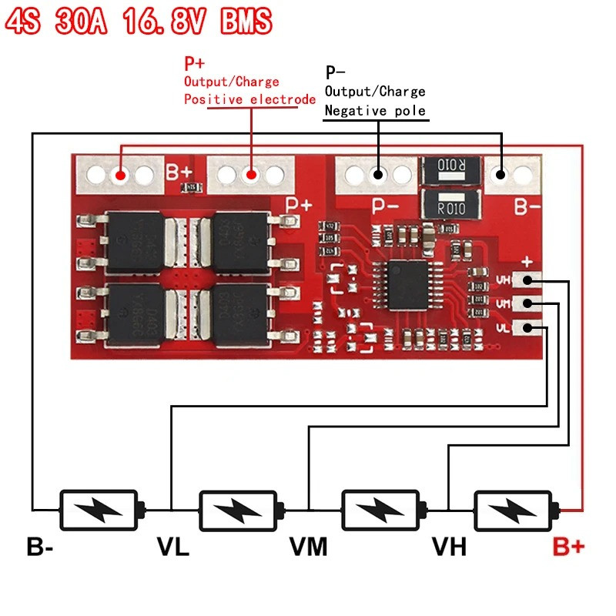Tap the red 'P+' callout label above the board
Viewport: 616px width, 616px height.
[195, 62]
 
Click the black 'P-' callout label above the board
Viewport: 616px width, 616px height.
[335, 73]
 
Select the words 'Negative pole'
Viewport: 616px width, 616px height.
[375, 111]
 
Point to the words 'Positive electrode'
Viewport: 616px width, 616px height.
[249, 99]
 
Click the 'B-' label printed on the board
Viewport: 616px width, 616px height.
[527, 206]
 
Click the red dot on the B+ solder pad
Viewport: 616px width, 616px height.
[121, 176]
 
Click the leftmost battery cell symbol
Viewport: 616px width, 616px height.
[99, 510]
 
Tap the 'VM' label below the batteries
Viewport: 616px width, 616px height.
[309, 547]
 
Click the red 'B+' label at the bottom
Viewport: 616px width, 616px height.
[569, 547]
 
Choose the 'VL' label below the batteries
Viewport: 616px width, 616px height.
[173, 547]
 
